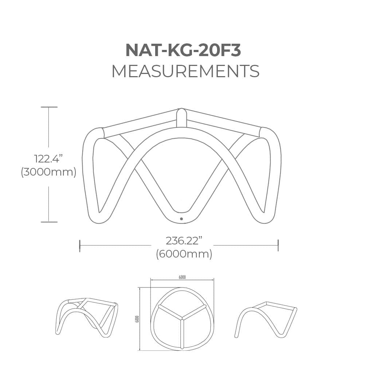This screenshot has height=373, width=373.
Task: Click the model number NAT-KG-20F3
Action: tap(183, 50)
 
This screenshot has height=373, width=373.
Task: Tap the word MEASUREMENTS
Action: tap(185, 71)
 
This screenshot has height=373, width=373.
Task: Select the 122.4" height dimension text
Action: tap(48, 159)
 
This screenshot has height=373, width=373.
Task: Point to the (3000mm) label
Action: tap(48, 172)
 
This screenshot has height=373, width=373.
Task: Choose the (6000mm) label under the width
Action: tap(184, 254)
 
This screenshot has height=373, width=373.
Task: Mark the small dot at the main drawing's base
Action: tap(181, 219)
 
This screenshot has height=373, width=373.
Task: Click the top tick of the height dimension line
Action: tap(49, 107)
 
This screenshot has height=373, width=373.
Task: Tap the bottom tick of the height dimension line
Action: tap(49, 222)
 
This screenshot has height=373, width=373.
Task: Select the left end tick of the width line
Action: tap(80, 246)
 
